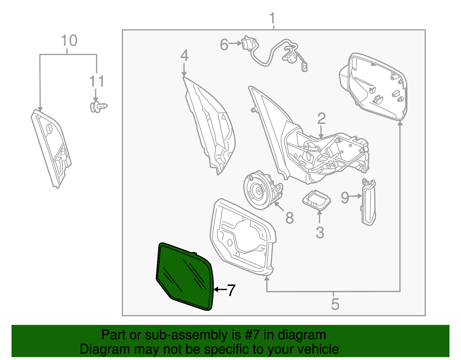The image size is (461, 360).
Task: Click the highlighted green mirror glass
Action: pyautogui.click(x=184, y=277)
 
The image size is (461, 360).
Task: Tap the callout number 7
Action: pyautogui.click(x=231, y=290)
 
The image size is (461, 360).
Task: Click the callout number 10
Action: pyautogui.click(x=69, y=41)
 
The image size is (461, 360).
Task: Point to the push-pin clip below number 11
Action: pyautogui.click(x=99, y=107)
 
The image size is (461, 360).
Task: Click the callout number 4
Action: pyautogui.click(x=184, y=55)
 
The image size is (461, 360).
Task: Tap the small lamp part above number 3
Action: pyautogui.click(x=316, y=199)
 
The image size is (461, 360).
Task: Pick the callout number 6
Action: pyautogui.click(x=224, y=45)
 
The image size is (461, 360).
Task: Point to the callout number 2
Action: pyautogui.click(x=321, y=119)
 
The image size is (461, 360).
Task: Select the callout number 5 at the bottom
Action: pyautogui.click(x=335, y=304)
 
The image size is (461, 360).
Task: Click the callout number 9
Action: pyautogui.click(x=345, y=198)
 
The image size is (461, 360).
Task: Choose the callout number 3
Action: pyautogui.click(x=320, y=232)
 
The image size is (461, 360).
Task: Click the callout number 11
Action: pyautogui.click(x=97, y=82)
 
